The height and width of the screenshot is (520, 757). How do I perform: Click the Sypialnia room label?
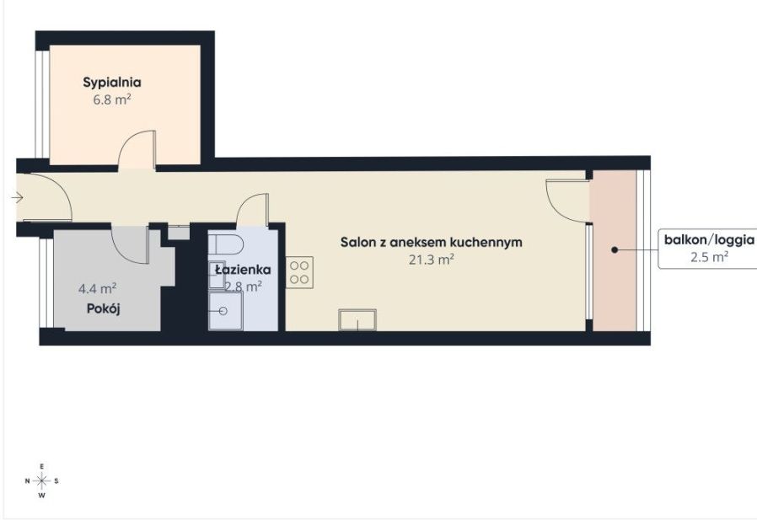(x=111, y=83)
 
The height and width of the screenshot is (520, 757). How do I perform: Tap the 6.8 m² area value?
(x=111, y=99)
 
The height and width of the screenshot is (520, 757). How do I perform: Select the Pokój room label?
(x=105, y=308)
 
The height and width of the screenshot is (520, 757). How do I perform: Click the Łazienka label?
(x=242, y=270)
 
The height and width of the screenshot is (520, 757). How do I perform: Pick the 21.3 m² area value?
(x=432, y=260)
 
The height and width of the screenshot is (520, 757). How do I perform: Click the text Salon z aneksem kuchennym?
(x=431, y=243)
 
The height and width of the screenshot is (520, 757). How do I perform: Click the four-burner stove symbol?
(x=300, y=272)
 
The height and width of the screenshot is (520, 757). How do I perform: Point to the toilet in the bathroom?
(x=227, y=244)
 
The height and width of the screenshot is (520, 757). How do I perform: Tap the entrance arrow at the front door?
(x=18, y=198)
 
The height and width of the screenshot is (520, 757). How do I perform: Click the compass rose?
(x=42, y=480)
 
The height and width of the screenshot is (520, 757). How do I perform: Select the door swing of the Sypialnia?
(x=137, y=150)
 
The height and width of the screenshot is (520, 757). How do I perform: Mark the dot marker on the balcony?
(x=615, y=250)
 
